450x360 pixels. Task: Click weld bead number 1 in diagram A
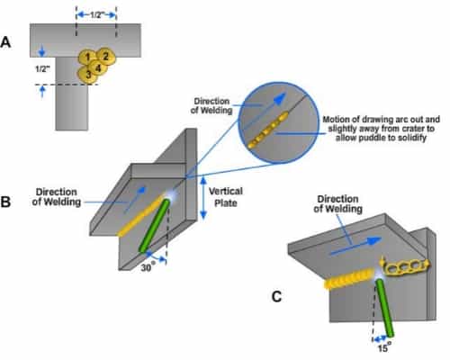(87, 58)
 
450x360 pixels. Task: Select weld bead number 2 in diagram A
(106, 56)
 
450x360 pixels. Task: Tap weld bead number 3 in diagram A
(87, 75)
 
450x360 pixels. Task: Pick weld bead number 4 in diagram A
(98, 68)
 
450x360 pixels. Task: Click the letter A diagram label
(5, 42)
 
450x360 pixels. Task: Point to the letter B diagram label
(5, 202)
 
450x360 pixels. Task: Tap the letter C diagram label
(276, 297)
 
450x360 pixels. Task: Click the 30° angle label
(148, 266)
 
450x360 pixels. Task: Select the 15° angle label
(384, 348)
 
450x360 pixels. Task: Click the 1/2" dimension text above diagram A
(96, 15)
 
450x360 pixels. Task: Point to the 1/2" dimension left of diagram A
(42, 68)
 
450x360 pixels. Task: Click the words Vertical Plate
(226, 197)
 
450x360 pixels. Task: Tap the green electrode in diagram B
(154, 226)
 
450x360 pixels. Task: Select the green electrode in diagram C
(385, 308)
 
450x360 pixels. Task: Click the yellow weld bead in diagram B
(141, 216)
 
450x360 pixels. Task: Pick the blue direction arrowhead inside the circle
(280, 99)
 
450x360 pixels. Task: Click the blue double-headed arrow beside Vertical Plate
(203, 198)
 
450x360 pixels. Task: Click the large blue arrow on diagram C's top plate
(355, 247)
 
